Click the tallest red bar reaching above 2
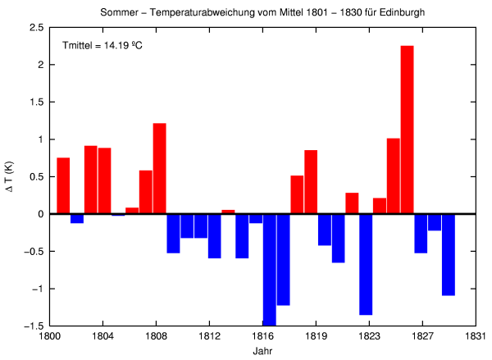pyautogui.click(x=407, y=130)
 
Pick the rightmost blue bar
pyautogui.click(x=448, y=254)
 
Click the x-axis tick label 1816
pyautogui.click(x=262, y=335)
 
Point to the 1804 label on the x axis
pyautogui.click(x=102, y=335)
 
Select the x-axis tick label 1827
pyautogui.click(x=422, y=335)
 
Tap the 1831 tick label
pyautogui.click(x=476, y=335)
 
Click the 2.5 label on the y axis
pyautogui.click(x=36, y=27)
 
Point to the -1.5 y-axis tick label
pyautogui.click(x=34, y=326)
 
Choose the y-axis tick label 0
pyautogui.click(x=40, y=214)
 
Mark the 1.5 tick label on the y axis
pyautogui.click(x=36, y=102)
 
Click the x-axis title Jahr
pyautogui.click(x=262, y=350)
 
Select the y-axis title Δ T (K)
pyautogui.click(x=11, y=176)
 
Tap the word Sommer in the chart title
pyautogui.click(x=121, y=13)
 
